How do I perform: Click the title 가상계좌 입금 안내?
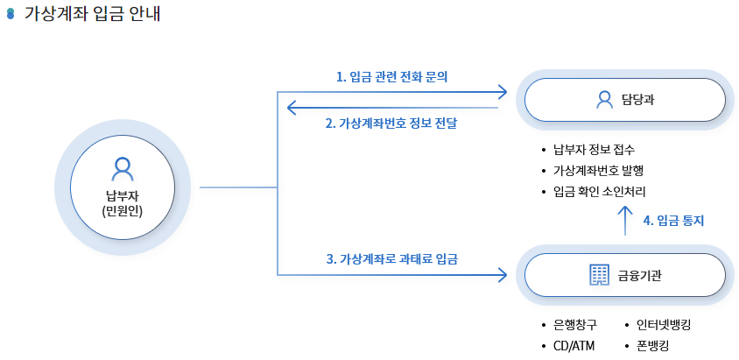(92, 15)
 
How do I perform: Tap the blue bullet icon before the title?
(11, 16)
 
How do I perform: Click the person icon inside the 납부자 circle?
(123, 167)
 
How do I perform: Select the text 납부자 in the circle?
(123, 194)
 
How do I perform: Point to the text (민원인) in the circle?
(123, 212)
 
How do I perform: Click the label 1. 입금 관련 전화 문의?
(392, 77)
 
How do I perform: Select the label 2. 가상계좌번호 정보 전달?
(391, 124)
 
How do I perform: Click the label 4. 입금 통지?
(673, 221)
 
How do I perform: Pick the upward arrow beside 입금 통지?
(625, 221)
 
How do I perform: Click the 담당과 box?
(624, 100)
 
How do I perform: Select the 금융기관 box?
(624, 275)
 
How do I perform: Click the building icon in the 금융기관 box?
(599, 275)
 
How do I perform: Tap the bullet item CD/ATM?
(574, 345)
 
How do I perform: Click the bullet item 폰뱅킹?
(652, 345)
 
